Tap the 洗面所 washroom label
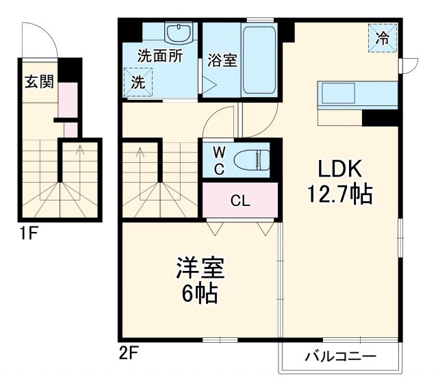click(159, 57)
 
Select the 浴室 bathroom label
click(222, 60)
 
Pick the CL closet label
click(240, 200)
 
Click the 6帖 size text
click(200, 294)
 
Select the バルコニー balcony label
click(340, 356)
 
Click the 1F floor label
click(27, 233)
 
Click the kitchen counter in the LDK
click(356, 94)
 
